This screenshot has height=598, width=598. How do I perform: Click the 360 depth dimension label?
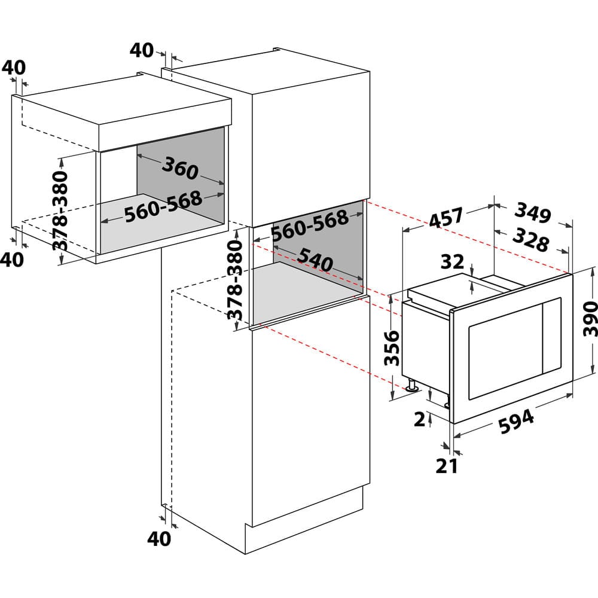179,169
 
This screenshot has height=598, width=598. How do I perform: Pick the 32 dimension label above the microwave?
453,261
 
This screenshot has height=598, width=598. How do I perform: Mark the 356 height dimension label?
392,347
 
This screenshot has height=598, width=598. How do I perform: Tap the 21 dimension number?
447,465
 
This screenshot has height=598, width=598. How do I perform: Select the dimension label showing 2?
420,420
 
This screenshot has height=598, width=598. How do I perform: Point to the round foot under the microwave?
412,388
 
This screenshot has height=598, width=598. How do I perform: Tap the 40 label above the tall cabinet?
142,50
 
